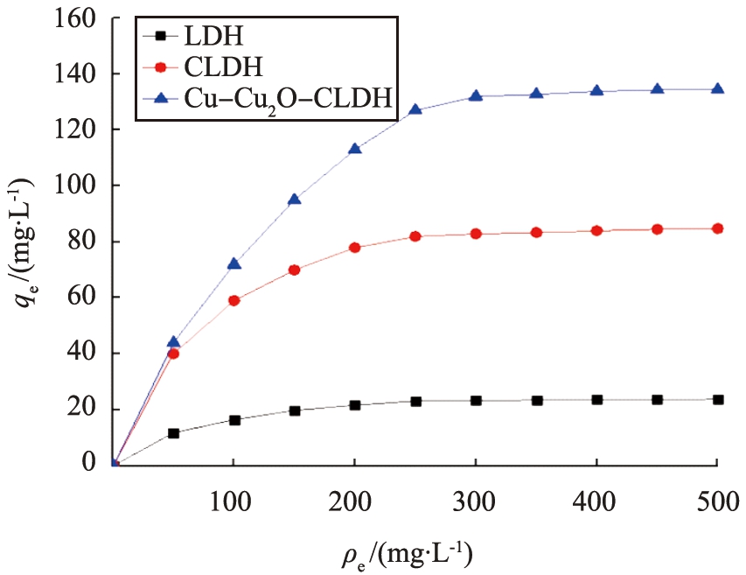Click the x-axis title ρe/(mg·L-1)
415,552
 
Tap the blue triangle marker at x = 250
415,109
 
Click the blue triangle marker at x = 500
717,88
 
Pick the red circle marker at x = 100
234,300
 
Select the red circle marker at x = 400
596,230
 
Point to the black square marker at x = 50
173,433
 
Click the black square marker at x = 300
476,401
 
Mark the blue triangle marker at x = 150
295,199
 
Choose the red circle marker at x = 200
355,248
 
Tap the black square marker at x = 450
657,400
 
